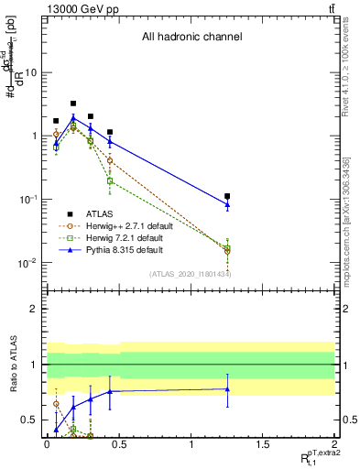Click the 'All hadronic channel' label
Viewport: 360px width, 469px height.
coord(191,38)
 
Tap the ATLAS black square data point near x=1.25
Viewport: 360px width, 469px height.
coord(227,196)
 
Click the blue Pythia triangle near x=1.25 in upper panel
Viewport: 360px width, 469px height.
coord(227,204)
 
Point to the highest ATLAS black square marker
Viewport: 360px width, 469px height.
coord(73,104)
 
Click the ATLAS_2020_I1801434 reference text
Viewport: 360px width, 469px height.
coord(191,274)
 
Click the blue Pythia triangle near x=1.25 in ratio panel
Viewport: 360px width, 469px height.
coord(227,389)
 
